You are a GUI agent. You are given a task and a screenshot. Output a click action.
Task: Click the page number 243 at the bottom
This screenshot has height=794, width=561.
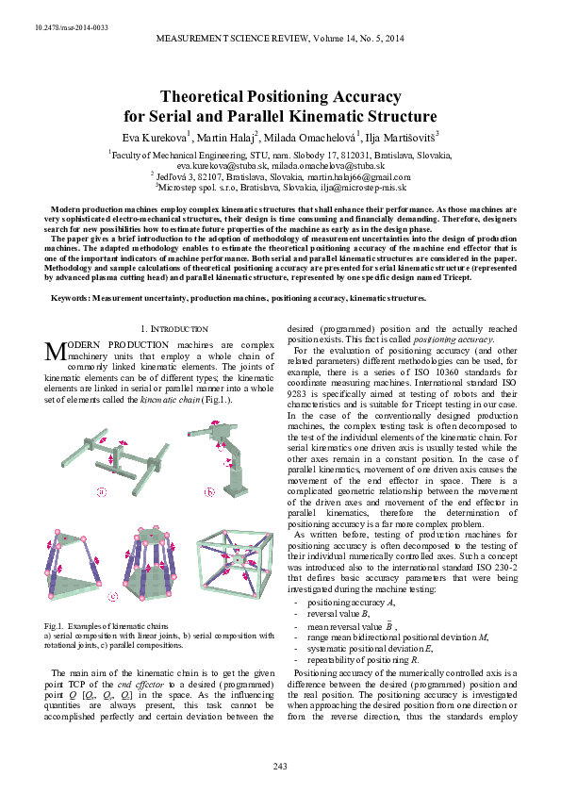[x=280, y=765]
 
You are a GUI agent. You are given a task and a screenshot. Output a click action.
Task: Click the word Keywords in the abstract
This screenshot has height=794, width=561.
[x=71, y=298]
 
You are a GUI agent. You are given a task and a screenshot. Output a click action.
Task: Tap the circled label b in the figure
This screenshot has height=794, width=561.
[x=209, y=493]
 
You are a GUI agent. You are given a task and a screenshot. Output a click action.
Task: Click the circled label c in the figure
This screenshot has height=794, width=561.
[x=112, y=595]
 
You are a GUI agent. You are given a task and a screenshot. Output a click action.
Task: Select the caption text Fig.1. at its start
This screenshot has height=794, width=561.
[x=57, y=626]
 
